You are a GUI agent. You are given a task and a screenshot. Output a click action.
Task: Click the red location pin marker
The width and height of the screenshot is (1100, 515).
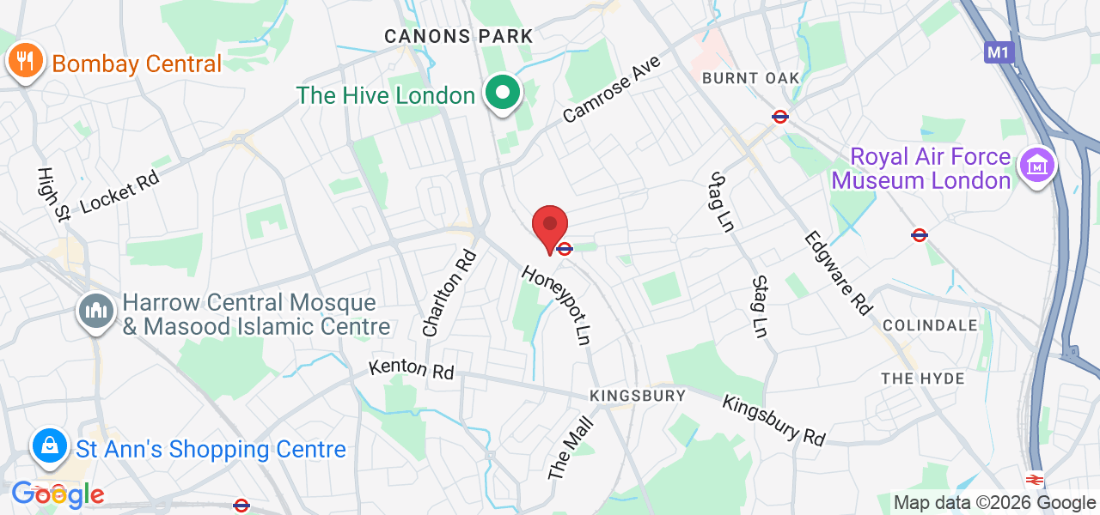pyautogui.click(x=550, y=227)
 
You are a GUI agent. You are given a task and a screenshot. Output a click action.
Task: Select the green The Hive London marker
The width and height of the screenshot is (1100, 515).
pyautogui.click(x=504, y=93)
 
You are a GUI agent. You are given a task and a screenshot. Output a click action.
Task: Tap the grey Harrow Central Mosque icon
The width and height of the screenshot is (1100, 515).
pyautogui.click(x=96, y=312)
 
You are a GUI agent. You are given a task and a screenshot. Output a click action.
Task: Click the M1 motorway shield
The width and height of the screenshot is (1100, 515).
pyautogui.click(x=999, y=52)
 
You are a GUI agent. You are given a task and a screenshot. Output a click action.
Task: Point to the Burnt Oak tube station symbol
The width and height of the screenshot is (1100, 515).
pyautogui.click(x=780, y=116)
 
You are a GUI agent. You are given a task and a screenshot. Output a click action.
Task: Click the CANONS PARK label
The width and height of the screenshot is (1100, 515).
pyautogui.click(x=459, y=36)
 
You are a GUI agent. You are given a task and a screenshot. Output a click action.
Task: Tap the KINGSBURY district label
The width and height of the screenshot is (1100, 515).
pyautogui.click(x=638, y=396)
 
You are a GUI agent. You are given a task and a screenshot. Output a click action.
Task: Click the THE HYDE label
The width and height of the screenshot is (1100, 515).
pyautogui.click(x=923, y=379)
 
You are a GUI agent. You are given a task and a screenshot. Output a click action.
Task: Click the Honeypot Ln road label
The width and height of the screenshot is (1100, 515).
pyautogui.click(x=559, y=305)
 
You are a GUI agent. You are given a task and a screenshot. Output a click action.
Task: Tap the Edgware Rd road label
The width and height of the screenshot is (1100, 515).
pyautogui.click(x=838, y=273)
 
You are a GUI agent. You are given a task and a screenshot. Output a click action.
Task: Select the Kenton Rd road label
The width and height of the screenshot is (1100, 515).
pyautogui.click(x=411, y=369)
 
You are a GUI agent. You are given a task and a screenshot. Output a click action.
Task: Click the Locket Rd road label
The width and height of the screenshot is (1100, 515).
pyautogui.click(x=119, y=187)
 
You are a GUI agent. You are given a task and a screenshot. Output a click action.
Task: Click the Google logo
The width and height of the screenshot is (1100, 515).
pyautogui.click(x=58, y=494)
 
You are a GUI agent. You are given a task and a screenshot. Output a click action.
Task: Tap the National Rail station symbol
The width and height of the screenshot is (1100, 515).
pyautogui.click(x=1035, y=480)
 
